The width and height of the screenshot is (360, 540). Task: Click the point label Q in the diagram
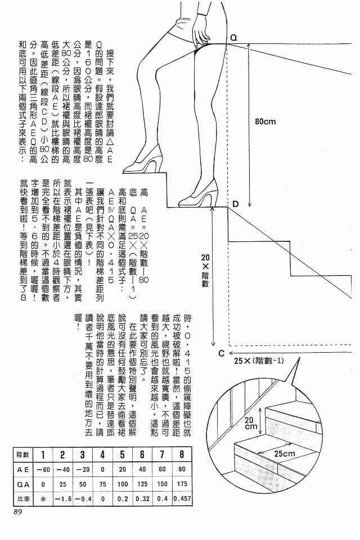(233, 38)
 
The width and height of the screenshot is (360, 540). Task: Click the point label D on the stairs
(235, 203)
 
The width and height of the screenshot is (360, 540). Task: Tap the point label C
(221, 353)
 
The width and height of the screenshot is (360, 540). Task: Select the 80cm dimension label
(265, 121)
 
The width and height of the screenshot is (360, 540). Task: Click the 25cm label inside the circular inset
(285, 454)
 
